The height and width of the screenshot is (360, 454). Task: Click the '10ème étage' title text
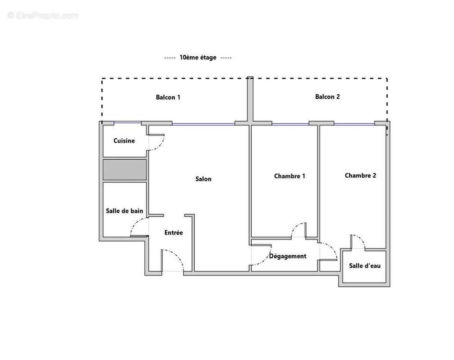coord(198,58)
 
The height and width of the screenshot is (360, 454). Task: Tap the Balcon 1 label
coord(168,97)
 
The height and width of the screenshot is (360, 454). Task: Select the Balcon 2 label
coord(327,97)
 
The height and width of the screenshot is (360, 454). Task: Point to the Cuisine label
coord(124,141)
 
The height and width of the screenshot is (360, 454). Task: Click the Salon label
coord(203,179)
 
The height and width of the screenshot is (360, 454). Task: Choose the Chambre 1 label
coord(289,176)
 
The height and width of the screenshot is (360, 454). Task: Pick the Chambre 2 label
coord(361,175)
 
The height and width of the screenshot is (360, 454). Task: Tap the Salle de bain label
coord(125,211)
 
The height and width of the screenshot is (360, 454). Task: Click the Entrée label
coord(174,233)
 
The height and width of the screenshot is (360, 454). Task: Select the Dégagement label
coord(288,256)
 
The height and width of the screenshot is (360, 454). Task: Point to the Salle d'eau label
coord(365,266)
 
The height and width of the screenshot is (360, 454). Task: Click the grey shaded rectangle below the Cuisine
coord(125,170)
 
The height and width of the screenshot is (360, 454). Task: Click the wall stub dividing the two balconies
coord(250,99)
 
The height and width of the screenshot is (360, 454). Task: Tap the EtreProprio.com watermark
coord(43,16)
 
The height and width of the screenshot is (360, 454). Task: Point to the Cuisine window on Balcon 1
coord(128,123)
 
